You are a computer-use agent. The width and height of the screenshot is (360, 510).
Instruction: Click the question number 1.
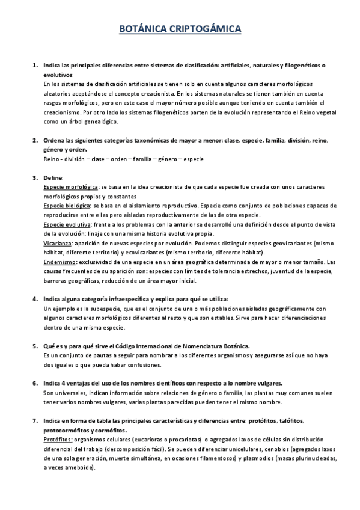[34, 65]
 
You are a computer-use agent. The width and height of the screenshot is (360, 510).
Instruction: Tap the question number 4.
[34, 299]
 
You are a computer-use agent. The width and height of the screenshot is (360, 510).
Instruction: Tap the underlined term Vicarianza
[58, 243]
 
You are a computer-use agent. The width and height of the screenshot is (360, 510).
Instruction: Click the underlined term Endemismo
[59, 262]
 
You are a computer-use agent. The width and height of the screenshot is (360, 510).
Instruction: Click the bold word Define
[53, 177]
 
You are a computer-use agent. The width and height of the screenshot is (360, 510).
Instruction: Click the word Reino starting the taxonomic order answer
[52, 159]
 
